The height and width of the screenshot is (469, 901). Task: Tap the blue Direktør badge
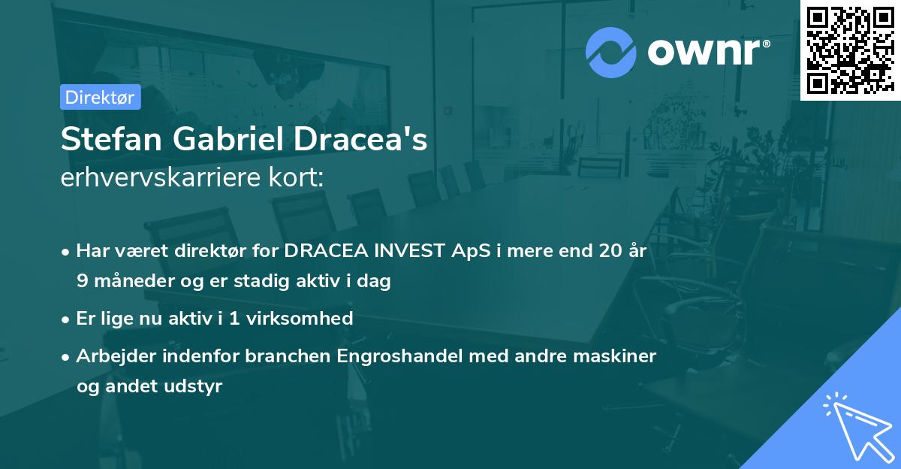pos(100,97)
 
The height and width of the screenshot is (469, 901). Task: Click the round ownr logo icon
pos(611,53)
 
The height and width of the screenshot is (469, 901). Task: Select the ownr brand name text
pos(709,53)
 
